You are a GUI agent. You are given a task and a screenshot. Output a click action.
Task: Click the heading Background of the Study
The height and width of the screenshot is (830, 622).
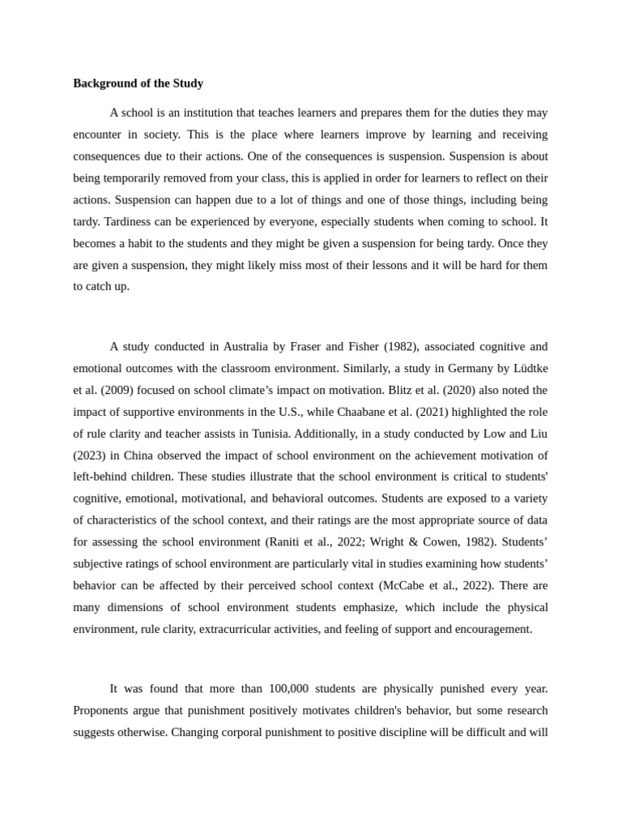(138, 83)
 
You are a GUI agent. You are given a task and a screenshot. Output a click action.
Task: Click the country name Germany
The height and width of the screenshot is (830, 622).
(478, 368)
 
